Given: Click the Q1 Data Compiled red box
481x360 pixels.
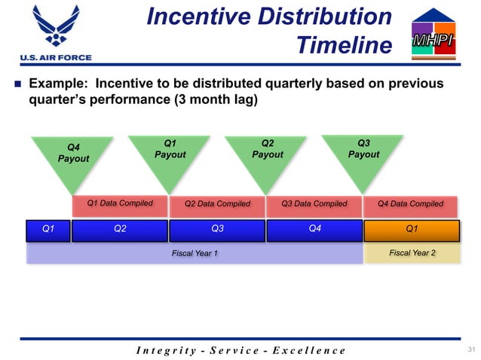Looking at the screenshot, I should tap(120, 203).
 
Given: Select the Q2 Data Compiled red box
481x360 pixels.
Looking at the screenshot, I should tap(217, 203).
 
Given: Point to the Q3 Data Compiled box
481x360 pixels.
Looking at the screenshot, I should tap(314, 203).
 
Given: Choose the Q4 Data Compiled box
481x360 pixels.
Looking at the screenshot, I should tap(411, 203).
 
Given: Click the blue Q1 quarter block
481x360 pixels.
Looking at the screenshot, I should tap(47, 230).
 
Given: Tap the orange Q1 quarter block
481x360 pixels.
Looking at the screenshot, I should tap(412, 230).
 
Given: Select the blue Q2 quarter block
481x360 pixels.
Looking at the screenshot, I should tap(119, 230).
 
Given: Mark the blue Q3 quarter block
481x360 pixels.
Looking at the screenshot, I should tap(217, 230).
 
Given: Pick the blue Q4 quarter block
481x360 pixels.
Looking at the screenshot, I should tap(314, 230).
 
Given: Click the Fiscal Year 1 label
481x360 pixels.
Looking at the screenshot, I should tap(195, 253).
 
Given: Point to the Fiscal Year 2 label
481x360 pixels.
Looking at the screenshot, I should tap(412, 253).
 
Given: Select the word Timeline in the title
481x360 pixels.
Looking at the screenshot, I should tap(344, 45).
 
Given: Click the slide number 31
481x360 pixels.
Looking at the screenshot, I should tap(472, 349).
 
